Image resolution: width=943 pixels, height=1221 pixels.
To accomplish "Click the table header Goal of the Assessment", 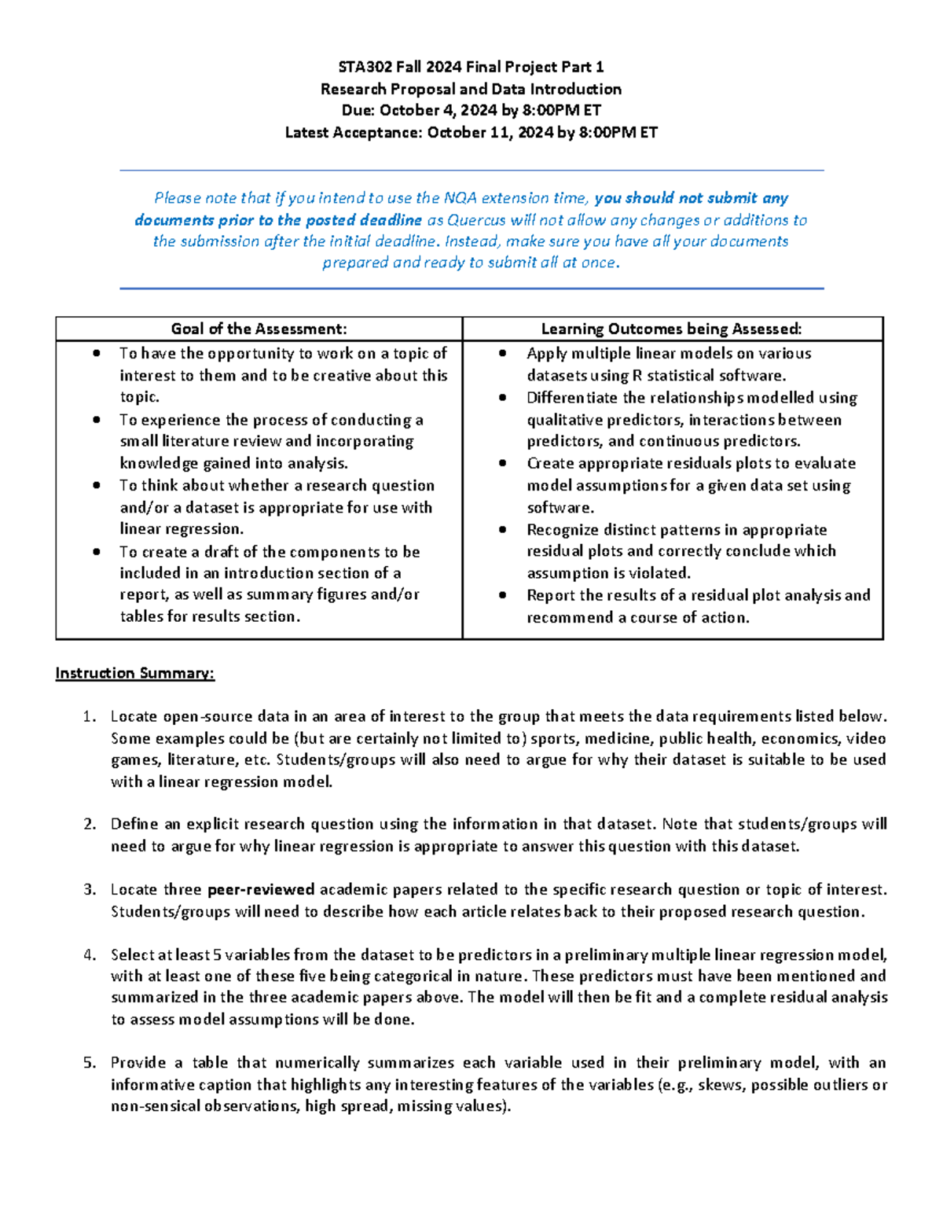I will [259, 329].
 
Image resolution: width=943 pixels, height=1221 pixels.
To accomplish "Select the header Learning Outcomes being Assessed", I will [672, 329].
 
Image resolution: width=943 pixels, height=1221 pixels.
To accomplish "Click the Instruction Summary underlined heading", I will [134, 674].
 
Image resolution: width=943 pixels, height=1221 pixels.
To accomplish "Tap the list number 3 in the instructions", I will [89, 890].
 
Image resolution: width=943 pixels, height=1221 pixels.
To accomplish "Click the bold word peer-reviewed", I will [261, 890].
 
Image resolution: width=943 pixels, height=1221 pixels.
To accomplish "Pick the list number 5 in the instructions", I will [89, 1063].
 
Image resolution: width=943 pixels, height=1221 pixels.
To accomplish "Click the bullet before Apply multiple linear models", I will [504, 354].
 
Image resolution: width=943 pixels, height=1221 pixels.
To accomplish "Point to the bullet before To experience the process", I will [97, 420].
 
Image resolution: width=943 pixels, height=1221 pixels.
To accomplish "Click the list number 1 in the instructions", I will [89, 717].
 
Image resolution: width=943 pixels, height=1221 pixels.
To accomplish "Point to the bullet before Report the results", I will [504, 596].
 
